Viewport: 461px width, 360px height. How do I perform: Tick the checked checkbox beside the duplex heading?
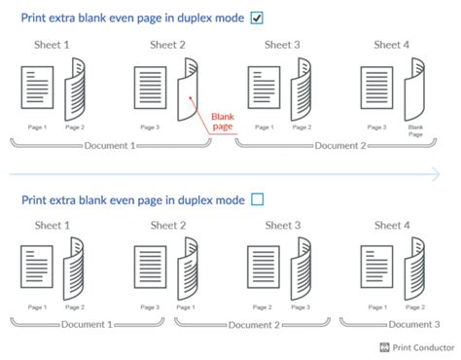click(257, 18)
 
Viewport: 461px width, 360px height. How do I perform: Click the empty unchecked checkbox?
click(257, 198)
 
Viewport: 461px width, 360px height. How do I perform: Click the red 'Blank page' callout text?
click(224, 120)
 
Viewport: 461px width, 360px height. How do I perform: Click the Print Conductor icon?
click(385, 346)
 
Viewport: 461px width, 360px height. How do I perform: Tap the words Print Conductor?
click(424, 346)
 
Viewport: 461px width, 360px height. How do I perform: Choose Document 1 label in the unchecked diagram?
click(87, 324)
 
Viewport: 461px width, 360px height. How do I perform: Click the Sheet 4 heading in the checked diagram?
click(393, 44)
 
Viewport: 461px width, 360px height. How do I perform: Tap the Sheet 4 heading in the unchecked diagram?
click(393, 225)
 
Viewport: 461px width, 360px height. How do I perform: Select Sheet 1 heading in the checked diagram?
click(53, 44)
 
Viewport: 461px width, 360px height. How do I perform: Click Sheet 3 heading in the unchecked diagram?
click(282, 225)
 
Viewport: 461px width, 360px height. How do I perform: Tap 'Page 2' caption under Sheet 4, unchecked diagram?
click(415, 307)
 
